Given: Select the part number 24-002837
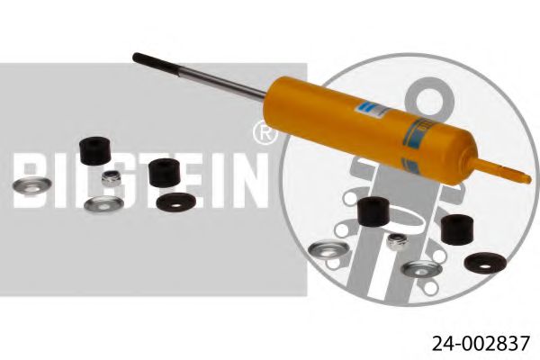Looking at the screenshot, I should click(472, 342).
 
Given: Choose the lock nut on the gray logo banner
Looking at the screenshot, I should click(112, 178).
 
